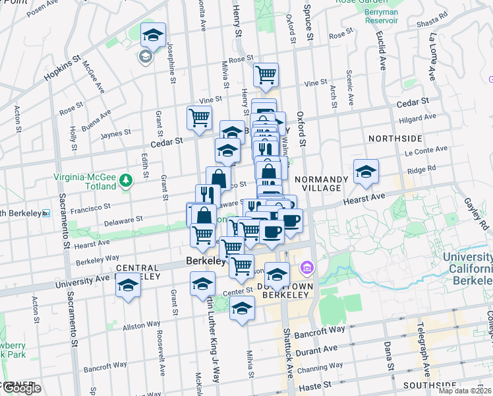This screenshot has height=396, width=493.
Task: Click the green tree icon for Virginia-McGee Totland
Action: (126, 180)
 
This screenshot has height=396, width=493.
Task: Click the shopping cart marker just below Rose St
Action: (266, 75)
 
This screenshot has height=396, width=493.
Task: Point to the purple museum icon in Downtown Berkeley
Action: (306, 268)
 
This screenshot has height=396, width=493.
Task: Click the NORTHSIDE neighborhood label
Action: (395, 139)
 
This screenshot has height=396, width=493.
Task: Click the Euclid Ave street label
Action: (382, 54)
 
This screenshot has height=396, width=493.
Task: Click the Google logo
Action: (21, 388)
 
